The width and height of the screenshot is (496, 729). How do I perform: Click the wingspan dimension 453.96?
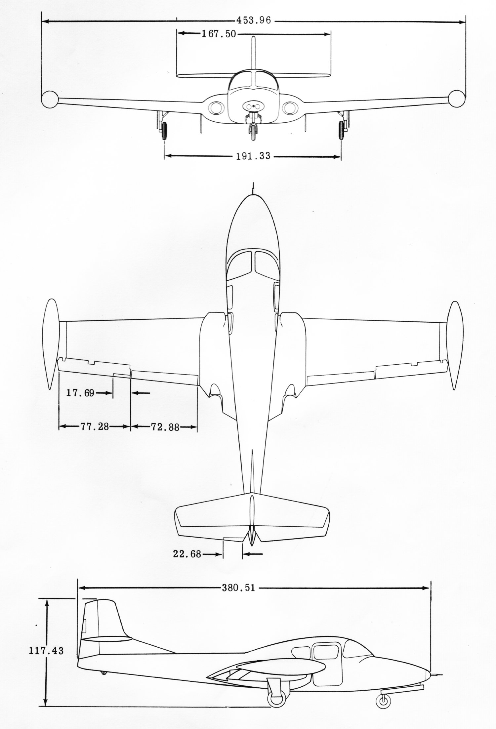tap(253, 20)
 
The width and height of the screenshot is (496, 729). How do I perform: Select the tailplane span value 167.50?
tap(219, 34)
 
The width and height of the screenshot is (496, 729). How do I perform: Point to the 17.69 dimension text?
tap(80, 393)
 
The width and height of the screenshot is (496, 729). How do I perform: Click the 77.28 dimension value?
tap(95, 426)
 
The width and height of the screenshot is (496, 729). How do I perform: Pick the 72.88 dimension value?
tap(165, 427)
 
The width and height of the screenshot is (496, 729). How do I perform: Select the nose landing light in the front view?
tap(253, 106)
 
